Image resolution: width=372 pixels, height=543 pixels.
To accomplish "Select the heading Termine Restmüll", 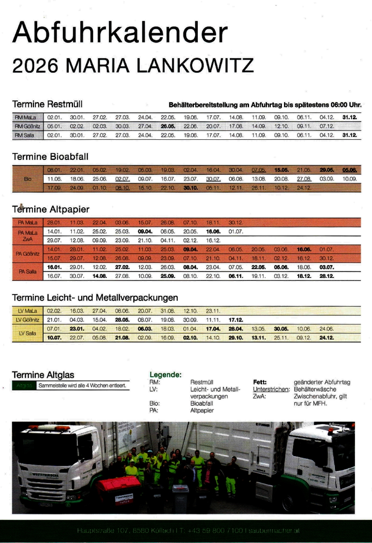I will [x=47, y=104].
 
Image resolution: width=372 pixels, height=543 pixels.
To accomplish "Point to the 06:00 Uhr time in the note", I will [x=346, y=105].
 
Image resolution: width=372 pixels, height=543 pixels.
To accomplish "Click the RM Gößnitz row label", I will [x=28, y=126].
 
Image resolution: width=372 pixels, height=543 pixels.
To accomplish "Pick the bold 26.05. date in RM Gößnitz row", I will [x=168, y=126].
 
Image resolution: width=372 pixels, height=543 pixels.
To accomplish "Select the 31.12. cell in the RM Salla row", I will [x=349, y=135].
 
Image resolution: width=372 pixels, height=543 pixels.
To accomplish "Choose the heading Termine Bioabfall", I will [x=50, y=156].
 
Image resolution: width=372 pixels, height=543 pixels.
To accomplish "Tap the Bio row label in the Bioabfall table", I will [x=28, y=179].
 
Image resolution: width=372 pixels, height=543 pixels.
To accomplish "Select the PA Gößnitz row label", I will [x=28, y=253].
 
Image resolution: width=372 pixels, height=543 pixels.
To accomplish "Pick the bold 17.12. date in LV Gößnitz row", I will [x=236, y=319].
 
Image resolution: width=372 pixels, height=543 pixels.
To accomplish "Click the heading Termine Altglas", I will [x=43, y=375].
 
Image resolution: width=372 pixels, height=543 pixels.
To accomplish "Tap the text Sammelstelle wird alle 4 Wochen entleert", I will [x=82, y=386].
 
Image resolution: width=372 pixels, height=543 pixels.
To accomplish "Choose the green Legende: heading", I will [x=165, y=375].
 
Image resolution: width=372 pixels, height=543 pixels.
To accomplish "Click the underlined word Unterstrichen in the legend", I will [x=271, y=389].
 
